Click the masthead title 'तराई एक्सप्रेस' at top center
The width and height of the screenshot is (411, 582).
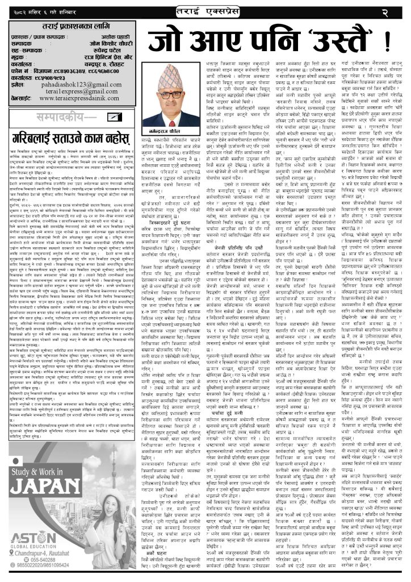click(x=205, y=11)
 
